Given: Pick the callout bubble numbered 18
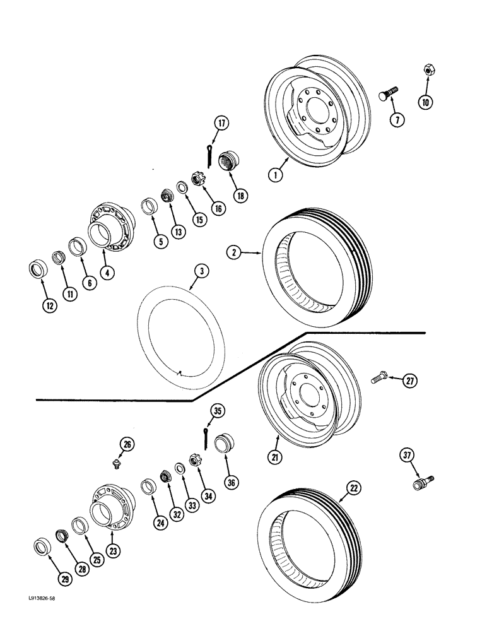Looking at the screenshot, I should coord(240,196).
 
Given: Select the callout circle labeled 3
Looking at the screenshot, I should coord(201,273).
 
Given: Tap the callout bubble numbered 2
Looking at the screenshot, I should coord(235,252).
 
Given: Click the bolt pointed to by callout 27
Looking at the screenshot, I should coord(378,377).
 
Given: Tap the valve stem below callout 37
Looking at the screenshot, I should coord(421,483).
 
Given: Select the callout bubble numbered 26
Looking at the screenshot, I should coord(127,445).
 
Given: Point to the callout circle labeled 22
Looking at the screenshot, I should coord(354,488).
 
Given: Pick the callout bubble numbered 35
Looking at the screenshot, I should coord(218,411).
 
